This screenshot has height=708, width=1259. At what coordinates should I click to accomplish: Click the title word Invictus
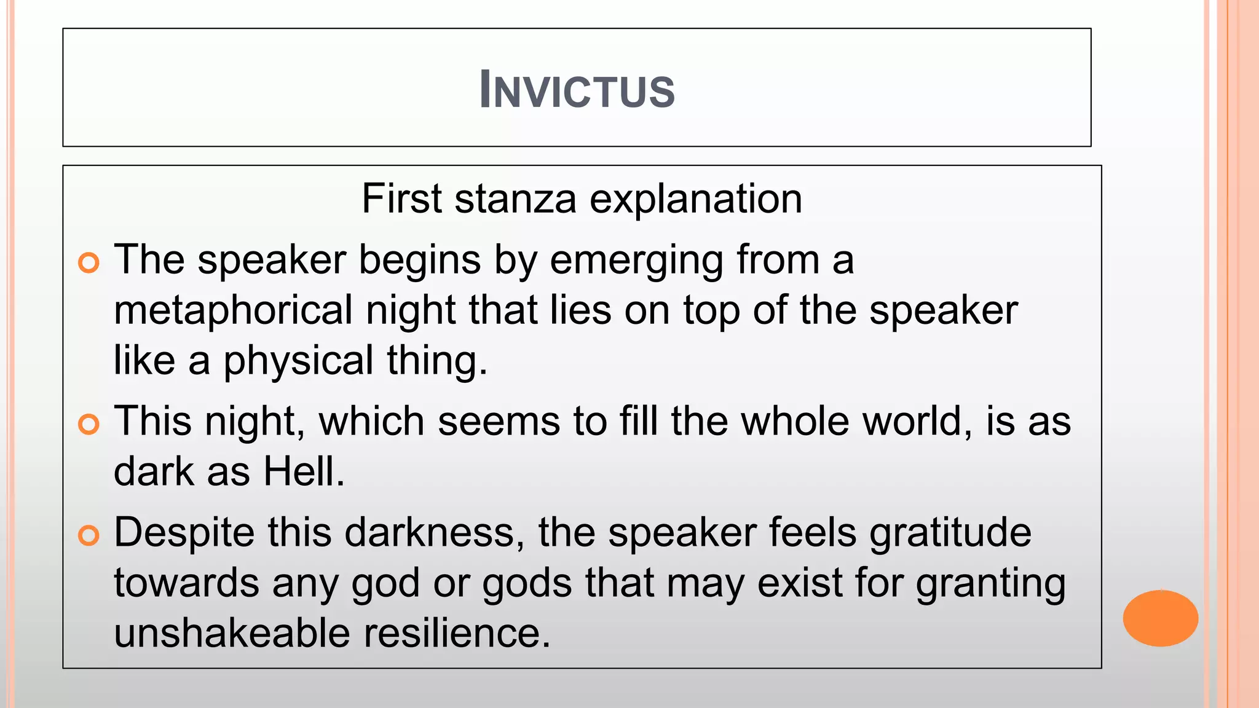577,90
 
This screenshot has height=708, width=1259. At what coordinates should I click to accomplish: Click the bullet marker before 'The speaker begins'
89,263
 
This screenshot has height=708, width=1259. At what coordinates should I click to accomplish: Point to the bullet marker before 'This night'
89,425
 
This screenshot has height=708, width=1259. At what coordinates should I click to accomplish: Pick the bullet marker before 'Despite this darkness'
89,535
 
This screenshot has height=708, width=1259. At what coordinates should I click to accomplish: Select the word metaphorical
233,310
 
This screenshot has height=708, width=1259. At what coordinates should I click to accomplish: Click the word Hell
304,472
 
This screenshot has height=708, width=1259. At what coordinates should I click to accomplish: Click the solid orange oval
1160,618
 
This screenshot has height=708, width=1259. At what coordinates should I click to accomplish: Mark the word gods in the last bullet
527,584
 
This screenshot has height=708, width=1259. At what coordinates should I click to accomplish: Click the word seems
499,422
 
